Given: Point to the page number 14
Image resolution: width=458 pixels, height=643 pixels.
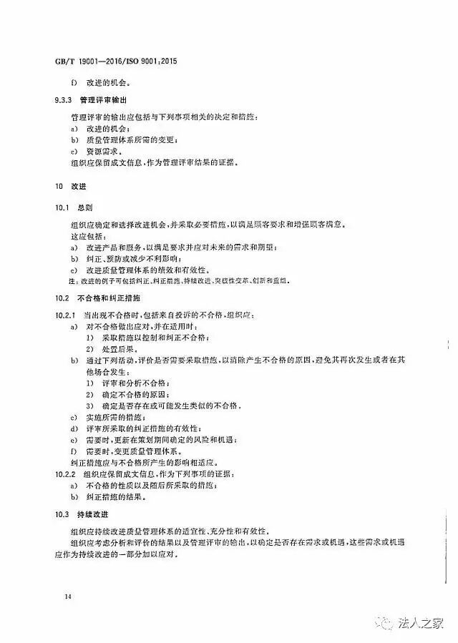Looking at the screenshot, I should [67, 596].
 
